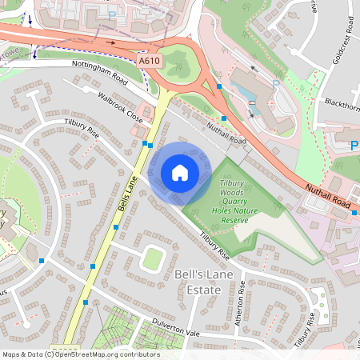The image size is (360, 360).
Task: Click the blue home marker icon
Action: pos(179,172)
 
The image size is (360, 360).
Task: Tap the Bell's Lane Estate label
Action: pos(197,282)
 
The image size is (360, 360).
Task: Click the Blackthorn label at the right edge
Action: pos(342,102)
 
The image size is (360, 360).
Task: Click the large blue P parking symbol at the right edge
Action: pos(354,146)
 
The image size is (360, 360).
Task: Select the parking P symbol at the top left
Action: pos(110,14)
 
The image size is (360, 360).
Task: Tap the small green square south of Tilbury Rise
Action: pos(152,258)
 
